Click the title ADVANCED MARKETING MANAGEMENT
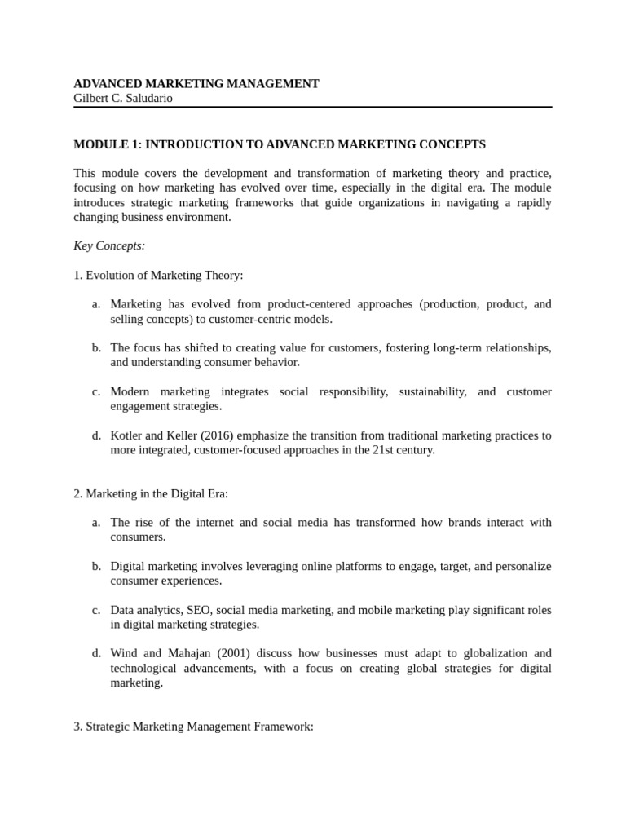(x=196, y=83)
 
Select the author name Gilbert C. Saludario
(x=123, y=98)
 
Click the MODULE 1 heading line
(x=279, y=144)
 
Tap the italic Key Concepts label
(x=109, y=245)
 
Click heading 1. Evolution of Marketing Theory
(x=158, y=275)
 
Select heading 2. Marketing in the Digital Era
(x=151, y=493)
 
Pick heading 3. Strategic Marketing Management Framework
(x=193, y=726)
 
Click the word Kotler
(x=126, y=435)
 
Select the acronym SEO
(x=199, y=609)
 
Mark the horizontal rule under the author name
(x=313, y=107)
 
